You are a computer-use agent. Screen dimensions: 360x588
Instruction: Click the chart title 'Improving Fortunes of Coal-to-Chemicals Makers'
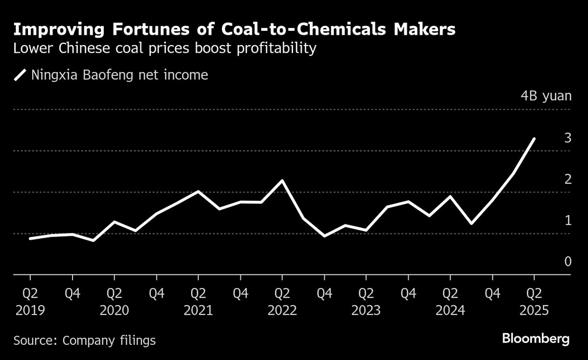[x=234, y=29]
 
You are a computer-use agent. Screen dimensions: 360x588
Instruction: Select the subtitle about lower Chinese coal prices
[x=164, y=49]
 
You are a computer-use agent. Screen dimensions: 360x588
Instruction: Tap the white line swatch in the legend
[x=20, y=75]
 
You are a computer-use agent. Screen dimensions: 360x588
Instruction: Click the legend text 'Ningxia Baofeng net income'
[x=120, y=75]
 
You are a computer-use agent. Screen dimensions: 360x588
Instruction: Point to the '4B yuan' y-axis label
[x=546, y=96]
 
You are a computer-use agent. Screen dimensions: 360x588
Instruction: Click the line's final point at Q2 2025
[x=534, y=139]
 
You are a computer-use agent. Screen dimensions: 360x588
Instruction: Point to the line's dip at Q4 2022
[x=324, y=236]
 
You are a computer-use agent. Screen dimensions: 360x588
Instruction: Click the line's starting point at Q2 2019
[x=30, y=239]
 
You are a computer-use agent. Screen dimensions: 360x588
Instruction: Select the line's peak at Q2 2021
[x=198, y=191]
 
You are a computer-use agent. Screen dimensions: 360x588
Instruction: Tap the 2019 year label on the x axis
[x=30, y=311]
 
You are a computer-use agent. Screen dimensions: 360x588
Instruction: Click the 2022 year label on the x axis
[x=282, y=311]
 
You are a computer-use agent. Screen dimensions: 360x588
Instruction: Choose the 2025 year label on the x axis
[x=534, y=311]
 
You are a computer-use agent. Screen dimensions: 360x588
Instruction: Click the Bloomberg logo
[x=536, y=339]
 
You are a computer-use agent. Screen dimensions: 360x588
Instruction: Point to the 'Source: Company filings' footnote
[x=84, y=340]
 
